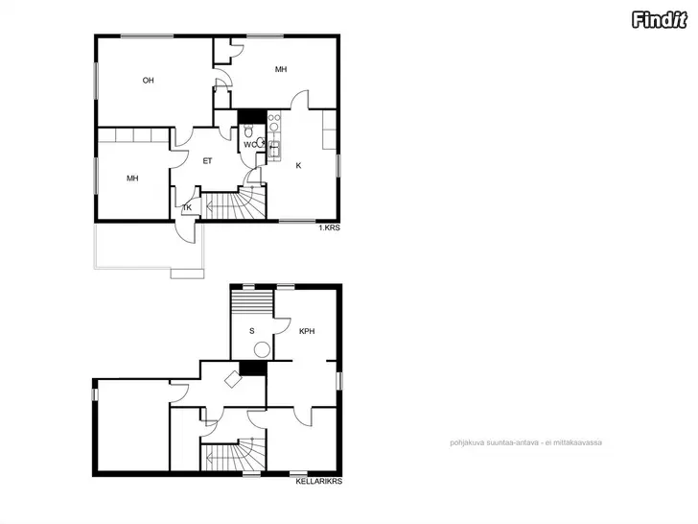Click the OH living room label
click(149, 81)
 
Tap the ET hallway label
click(207, 161)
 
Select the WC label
click(249, 145)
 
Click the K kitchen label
click(298, 166)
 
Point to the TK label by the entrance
click(187, 207)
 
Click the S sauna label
click(252, 331)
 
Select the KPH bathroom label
click(307, 331)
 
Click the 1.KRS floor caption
click(330, 227)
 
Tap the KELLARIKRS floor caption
click(318, 481)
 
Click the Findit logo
click(660, 20)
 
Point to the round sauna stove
click(262, 349)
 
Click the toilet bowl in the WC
click(248, 131)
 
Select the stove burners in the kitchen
click(274, 122)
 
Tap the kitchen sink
click(274, 150)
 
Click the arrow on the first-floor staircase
click(219, 206)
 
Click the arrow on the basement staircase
click(219, 459)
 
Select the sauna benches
click(252, 302)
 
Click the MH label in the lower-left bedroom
click(132, 179)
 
